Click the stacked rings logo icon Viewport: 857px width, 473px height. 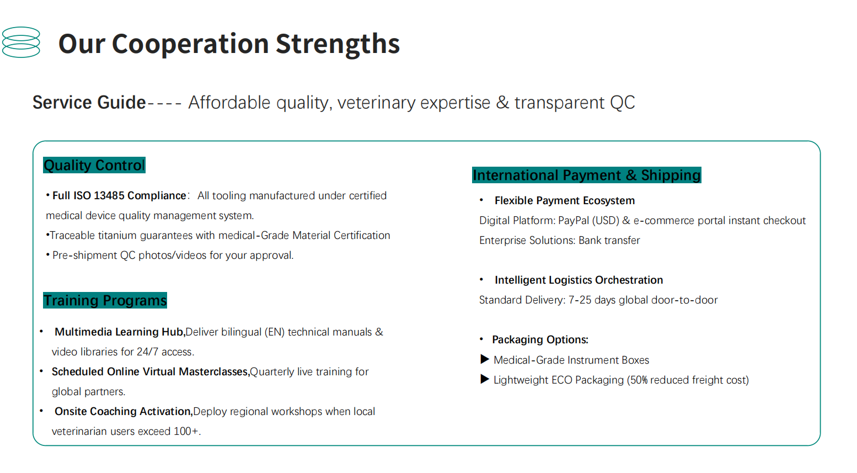20,42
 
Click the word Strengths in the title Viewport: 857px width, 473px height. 338,44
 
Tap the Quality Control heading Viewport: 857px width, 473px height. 94,165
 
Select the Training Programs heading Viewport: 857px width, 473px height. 105,300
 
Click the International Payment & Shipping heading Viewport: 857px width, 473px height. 587,175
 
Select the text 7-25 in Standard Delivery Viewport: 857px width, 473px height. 580,300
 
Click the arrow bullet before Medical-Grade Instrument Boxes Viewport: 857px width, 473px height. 484,359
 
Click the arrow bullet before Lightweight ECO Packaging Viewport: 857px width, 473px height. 484,379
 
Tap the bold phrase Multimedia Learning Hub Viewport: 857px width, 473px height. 120,332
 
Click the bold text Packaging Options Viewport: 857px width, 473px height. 540,340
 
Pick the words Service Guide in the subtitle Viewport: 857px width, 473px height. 89,102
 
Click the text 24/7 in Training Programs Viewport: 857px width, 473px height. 147,352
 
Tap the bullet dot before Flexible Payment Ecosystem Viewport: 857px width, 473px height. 481,200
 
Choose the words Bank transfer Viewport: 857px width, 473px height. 609,241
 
